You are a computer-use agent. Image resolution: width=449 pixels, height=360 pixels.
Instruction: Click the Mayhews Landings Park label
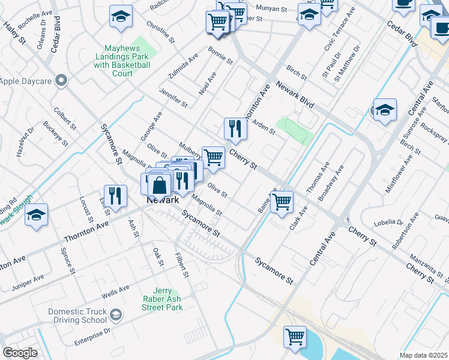(122, 61)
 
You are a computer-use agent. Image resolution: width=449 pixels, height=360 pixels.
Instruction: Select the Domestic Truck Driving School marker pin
(116, 314)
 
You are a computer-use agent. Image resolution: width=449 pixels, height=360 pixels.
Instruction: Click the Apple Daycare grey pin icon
(60, 80)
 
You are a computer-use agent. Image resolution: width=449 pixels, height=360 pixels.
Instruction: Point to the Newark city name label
(160, 201)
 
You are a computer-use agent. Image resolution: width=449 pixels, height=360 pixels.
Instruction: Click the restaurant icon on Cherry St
(235, 128)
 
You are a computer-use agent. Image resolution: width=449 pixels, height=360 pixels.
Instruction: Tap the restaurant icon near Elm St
(115, 195)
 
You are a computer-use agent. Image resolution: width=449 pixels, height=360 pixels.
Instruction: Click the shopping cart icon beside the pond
(295, 337)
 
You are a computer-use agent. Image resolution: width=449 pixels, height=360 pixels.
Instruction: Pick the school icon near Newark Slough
(37, 215)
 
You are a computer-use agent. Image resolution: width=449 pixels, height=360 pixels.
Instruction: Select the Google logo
(20, 353)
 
